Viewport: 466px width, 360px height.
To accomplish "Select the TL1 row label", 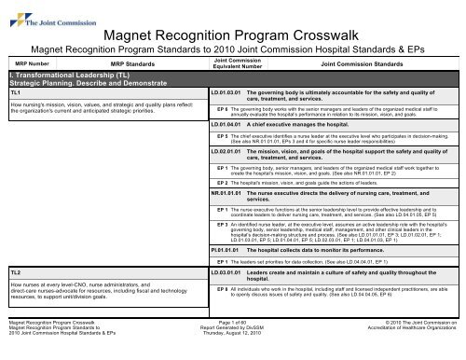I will (15, 95).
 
